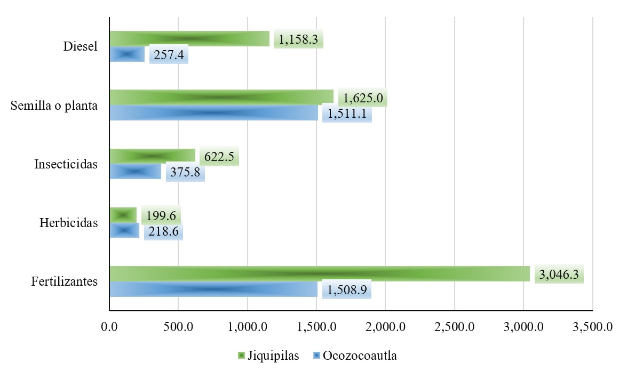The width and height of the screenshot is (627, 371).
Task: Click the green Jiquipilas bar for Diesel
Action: coord(189,39)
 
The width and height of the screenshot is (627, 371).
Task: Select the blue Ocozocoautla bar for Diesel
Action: coord(127,54)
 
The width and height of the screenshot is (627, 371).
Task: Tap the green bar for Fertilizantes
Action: coord(319,273)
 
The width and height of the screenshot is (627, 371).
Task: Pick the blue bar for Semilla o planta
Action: coord(213,113)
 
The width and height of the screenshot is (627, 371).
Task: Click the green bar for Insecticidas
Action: coord(152,156)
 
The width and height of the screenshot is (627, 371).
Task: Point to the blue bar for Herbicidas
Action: coord(124,230)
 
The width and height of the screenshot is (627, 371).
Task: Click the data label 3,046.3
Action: coord(559,275)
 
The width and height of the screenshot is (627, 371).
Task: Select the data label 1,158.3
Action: coord(298,40)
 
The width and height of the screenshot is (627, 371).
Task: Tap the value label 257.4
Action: coord(169,55)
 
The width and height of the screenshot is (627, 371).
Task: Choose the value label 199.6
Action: coord(161,216)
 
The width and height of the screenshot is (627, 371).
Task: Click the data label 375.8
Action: coord(185,173)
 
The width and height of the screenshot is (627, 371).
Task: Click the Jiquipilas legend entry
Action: coord(267,356)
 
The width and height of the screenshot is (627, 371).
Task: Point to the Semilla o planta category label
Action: coord(54,106)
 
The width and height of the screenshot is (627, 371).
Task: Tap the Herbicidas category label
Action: coord(69,223)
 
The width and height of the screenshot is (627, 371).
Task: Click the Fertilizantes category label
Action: coord(64,281)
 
